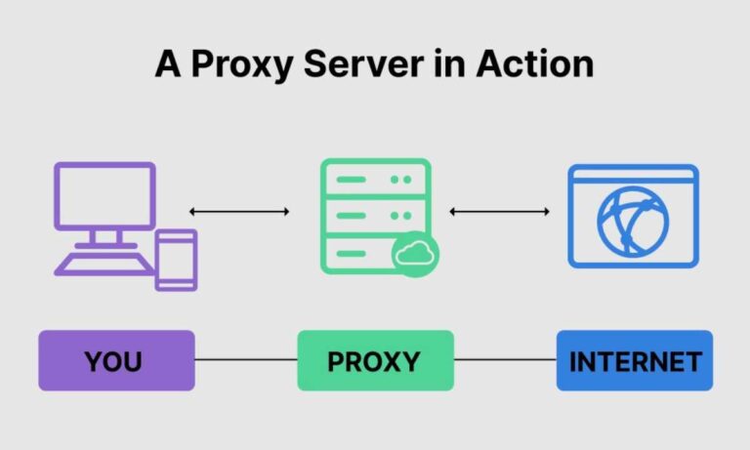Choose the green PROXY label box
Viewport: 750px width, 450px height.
375,360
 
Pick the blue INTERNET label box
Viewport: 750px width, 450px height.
635,360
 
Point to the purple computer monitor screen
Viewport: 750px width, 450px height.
104,195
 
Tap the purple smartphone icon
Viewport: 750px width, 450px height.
176,259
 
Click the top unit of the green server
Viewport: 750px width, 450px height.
375,180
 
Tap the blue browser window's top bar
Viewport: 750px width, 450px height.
633,176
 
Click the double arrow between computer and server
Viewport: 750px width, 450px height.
239,212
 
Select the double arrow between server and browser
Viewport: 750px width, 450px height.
499,212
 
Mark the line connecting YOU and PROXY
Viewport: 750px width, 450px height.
245,360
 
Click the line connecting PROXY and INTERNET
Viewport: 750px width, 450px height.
505,360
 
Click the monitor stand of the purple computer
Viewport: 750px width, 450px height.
104,237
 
